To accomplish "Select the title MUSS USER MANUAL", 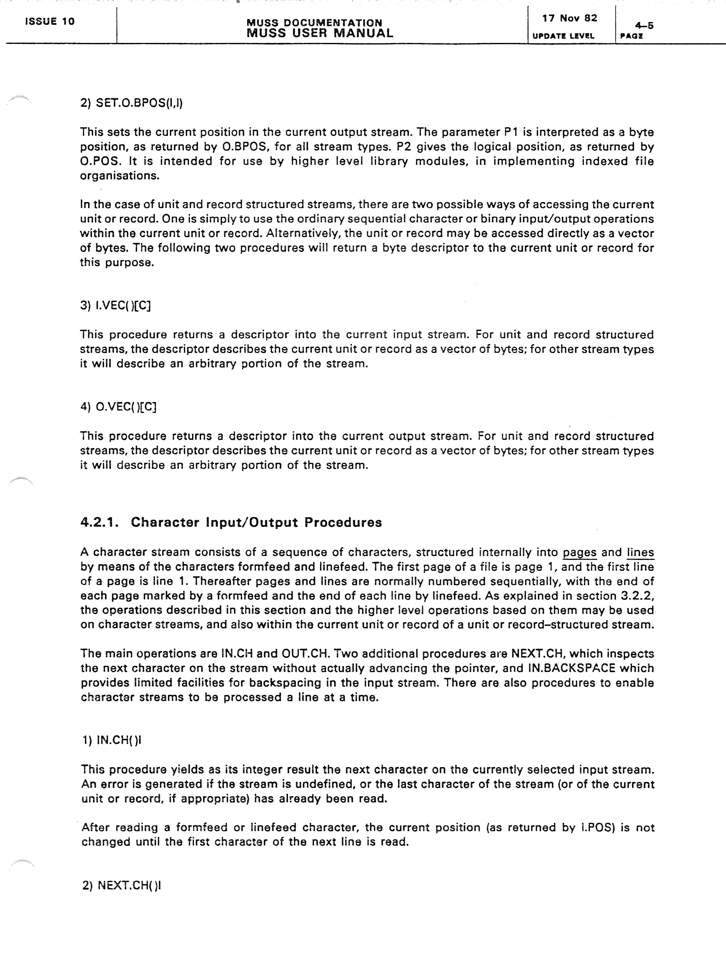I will point(319,33).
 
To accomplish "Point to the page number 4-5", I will point(644,25).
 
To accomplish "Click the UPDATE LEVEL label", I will point(563,36).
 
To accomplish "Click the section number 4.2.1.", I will point(99,522).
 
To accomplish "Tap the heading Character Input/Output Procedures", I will point(256,522).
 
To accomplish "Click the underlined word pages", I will point(579,552).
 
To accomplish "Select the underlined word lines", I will point(640,552).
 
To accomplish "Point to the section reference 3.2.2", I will point(637,596).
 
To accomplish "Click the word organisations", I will point(119,176).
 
